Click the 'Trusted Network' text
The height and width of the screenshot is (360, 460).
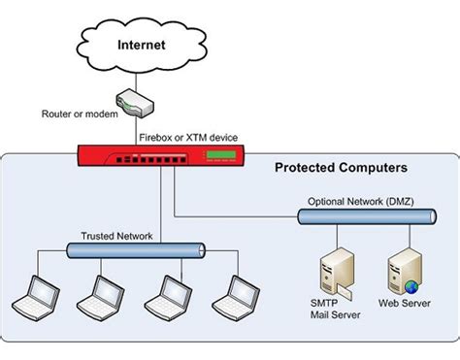pyautogui.click(x=117, y=236)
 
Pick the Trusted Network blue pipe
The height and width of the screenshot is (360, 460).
pyautogui.click(x=135, y=250)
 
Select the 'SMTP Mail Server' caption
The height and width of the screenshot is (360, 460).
pyautogui.click(x=327, y=313)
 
